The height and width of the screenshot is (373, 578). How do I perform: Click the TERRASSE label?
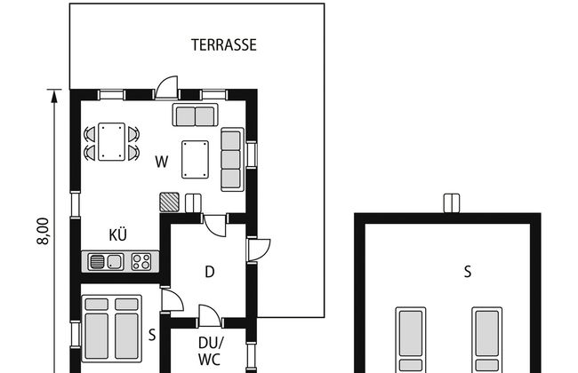tap(224, 45)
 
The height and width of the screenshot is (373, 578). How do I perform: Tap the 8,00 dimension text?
tap(43, 231)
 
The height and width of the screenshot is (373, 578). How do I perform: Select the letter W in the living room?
tap(162, 162)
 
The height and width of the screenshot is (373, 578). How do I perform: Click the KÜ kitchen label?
tap(118, 234)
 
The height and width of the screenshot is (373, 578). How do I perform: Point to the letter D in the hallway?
tap(209, 272)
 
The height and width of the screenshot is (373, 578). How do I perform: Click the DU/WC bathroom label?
tap(210, 352)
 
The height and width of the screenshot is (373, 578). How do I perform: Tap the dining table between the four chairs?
tap(112, 142)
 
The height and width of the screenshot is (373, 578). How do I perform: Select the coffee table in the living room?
tap(195, 160)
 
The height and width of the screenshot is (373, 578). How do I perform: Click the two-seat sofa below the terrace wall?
tap(195, 115)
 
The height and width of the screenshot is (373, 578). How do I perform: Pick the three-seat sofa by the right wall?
tap(232, 160)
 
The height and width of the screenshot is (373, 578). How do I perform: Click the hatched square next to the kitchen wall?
tap(170, 202)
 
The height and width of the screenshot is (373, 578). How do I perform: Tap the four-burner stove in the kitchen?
tap(141, 262)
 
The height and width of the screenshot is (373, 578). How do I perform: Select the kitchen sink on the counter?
tap(106, 262)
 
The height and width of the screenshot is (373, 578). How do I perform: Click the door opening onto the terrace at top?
tap(166, 88)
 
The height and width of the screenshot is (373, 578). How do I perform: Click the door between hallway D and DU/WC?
tap(210, 316)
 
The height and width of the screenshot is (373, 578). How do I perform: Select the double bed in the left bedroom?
tap(112, 329)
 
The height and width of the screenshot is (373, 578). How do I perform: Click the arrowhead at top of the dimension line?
tap(54, 96)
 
